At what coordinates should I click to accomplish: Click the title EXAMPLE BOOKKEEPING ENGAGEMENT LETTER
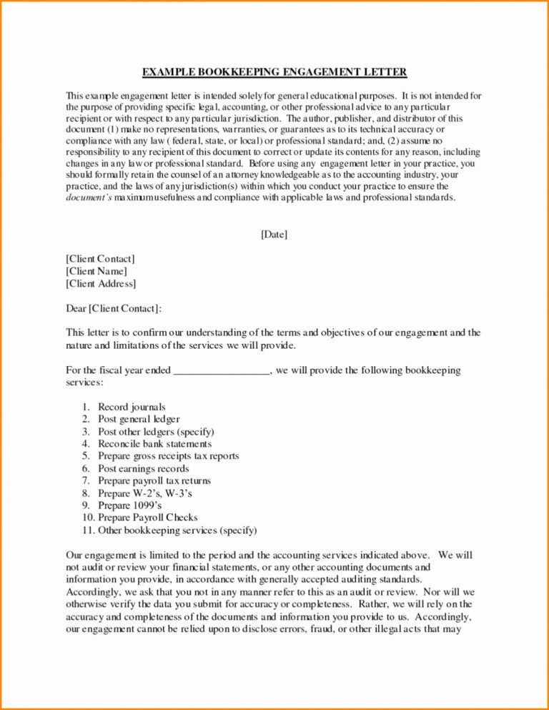tap(274, 72)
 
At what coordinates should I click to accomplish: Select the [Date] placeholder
tap(274, 234)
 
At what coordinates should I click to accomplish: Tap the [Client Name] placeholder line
tap(97, 271)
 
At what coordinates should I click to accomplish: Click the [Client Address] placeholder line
tap(101, 284)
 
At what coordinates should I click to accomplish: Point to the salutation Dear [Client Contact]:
tap(114, 308)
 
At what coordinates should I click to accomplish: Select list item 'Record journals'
tap(132, 407)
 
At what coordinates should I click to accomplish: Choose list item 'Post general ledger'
tap(139, 419)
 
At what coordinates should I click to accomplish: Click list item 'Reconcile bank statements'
tap(154, 444)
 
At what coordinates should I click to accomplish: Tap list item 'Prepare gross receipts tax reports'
tap(168, 456)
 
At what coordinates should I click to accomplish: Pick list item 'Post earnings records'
tap(143, 469)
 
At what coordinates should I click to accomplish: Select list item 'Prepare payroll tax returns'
tap(154, 481)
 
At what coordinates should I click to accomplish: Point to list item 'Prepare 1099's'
tap(124, 506)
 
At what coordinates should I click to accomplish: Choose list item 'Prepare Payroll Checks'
tap(147, 518)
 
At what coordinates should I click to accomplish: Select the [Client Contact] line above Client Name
tap(100, 259)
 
